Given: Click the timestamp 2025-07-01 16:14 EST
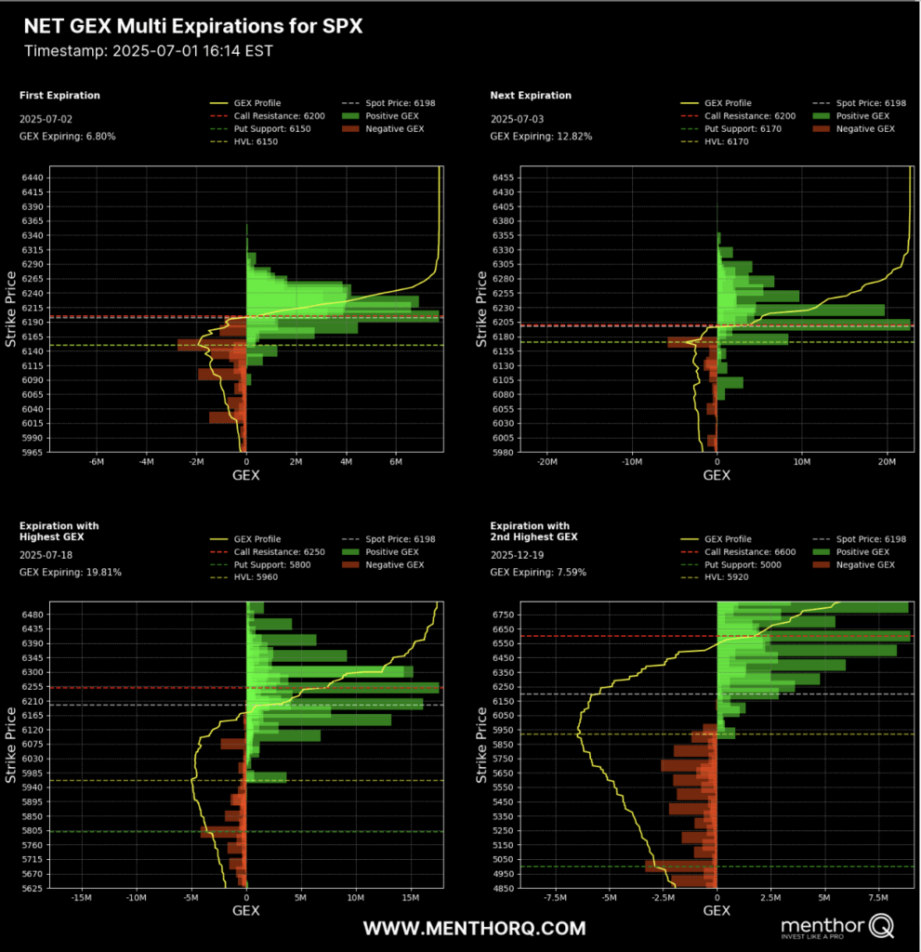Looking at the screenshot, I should pos(149,50).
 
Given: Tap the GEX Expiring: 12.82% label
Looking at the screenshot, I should pos(541,137).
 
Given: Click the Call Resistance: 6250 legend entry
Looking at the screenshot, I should pos(279,551).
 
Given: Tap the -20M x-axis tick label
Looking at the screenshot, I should pos(547,463).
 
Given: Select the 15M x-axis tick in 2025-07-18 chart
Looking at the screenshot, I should pos(410,899).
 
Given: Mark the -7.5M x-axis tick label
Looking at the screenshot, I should pos(555,899).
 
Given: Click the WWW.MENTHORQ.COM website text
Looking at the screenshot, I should pos(474,928).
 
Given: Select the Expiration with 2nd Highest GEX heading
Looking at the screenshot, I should pos(533,531).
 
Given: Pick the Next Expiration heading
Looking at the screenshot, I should pos(531,96).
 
